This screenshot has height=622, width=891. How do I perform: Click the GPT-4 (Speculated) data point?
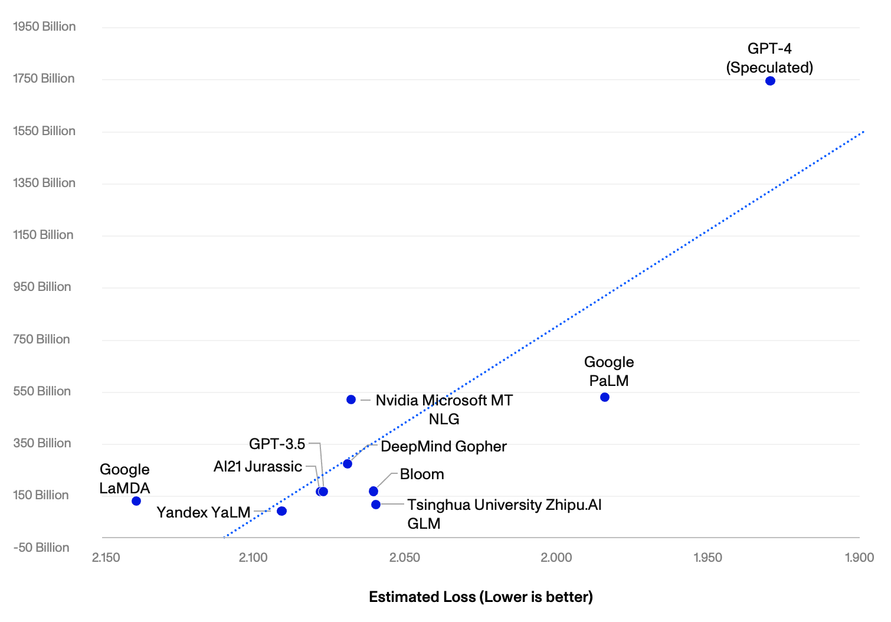pos(770,81)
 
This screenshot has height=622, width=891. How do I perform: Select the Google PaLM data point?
pos(605,397)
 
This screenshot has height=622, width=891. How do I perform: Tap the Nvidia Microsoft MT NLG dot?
pos(351,400)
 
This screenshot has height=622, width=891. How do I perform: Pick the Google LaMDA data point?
pos(136,501)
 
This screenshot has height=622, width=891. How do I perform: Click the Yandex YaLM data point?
pos(281,511)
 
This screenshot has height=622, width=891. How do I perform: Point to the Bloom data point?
pos(373,492)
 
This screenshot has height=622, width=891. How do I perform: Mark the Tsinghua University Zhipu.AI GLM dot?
pos(376,505)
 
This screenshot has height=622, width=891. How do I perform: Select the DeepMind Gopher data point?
pos(348,464)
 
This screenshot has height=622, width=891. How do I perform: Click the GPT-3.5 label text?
pos(277,444)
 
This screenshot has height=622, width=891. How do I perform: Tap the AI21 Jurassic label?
pos(258,466)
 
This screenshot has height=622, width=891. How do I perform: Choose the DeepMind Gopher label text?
pos(444,447)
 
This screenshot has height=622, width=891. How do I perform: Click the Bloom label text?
pos(422,474)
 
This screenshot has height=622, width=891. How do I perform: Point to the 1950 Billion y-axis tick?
pos(44,27)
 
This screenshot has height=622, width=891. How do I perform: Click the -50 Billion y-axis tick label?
pos(41,548)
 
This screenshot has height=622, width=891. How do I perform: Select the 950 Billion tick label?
pos(42,287)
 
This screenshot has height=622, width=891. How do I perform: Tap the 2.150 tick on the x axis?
pos(106,558)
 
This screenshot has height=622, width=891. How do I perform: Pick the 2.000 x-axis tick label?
pos(556,558)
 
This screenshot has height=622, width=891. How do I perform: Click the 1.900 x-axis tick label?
pos(860,558)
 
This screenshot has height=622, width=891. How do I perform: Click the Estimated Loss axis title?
pos(481,597)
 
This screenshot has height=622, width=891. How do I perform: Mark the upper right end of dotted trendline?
pos(863,131)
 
